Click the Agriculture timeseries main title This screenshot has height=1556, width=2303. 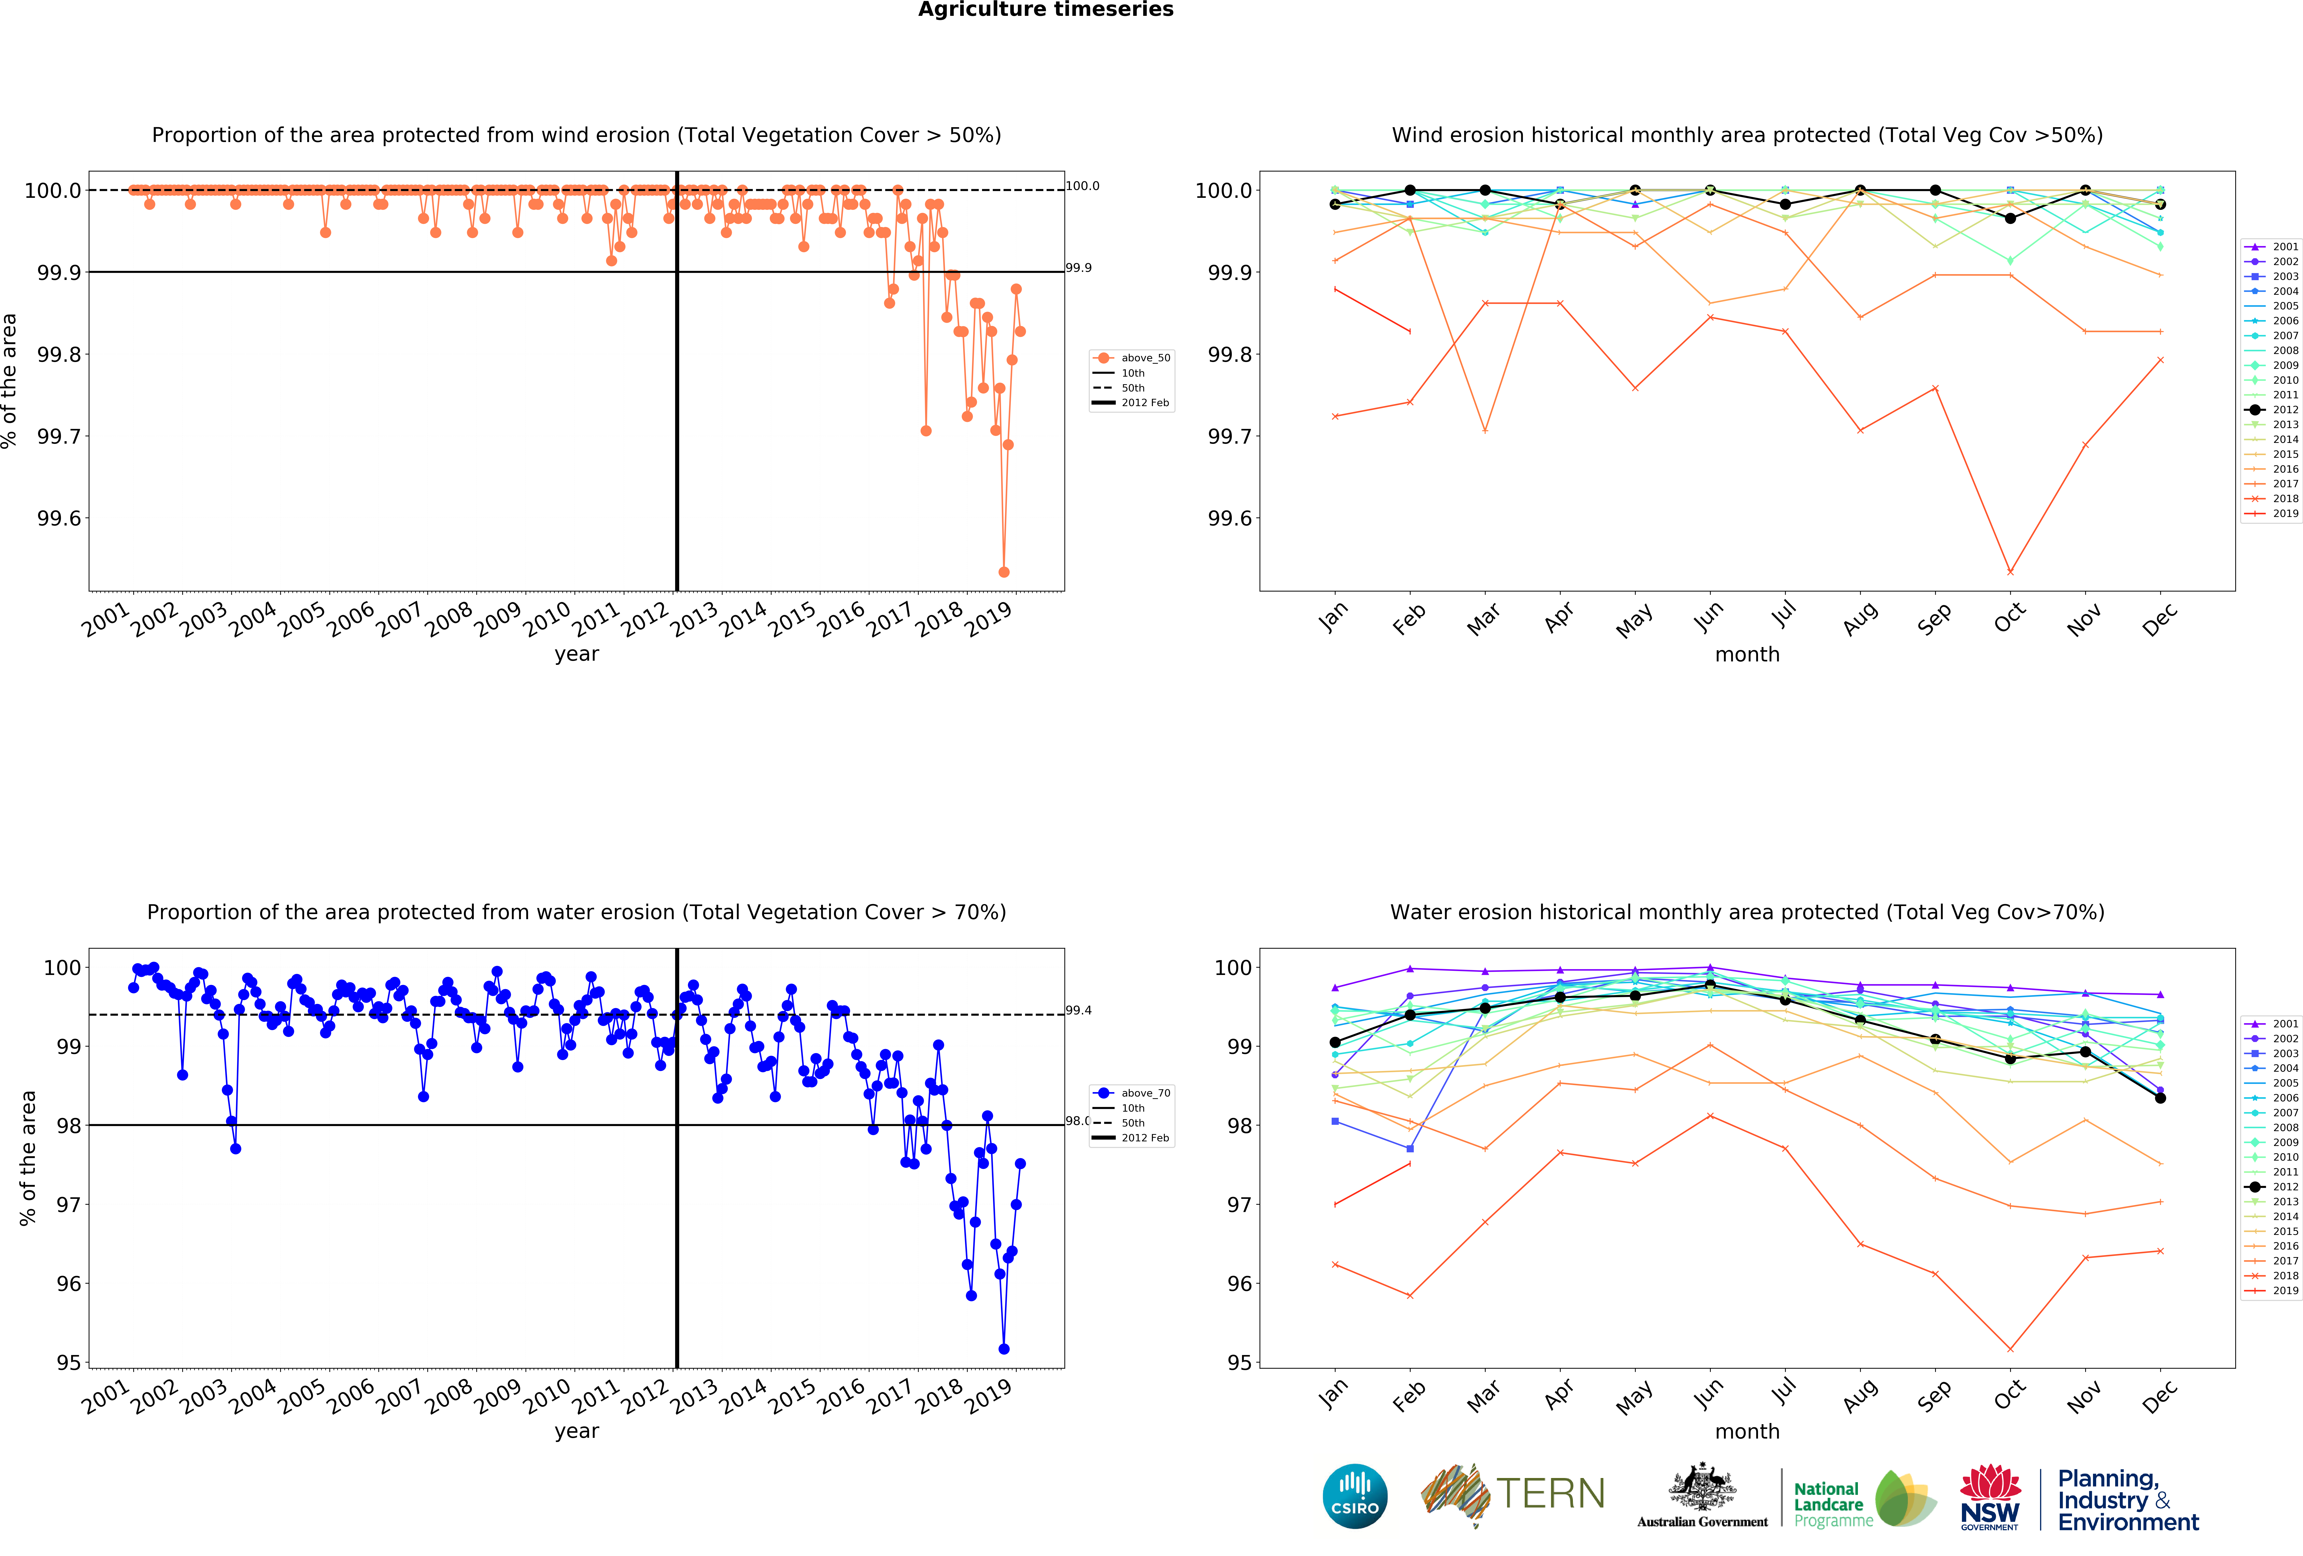(1045, 10)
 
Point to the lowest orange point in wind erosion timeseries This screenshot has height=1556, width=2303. (1004, 572)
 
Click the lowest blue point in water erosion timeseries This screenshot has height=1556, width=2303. (1004, 1349)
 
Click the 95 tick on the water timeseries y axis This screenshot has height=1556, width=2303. (68, 1363)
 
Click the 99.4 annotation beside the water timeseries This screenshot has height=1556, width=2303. (1078, 1010)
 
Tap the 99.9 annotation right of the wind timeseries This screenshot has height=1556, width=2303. (1078, 267)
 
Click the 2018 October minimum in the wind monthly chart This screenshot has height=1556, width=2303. (2010, 572)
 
